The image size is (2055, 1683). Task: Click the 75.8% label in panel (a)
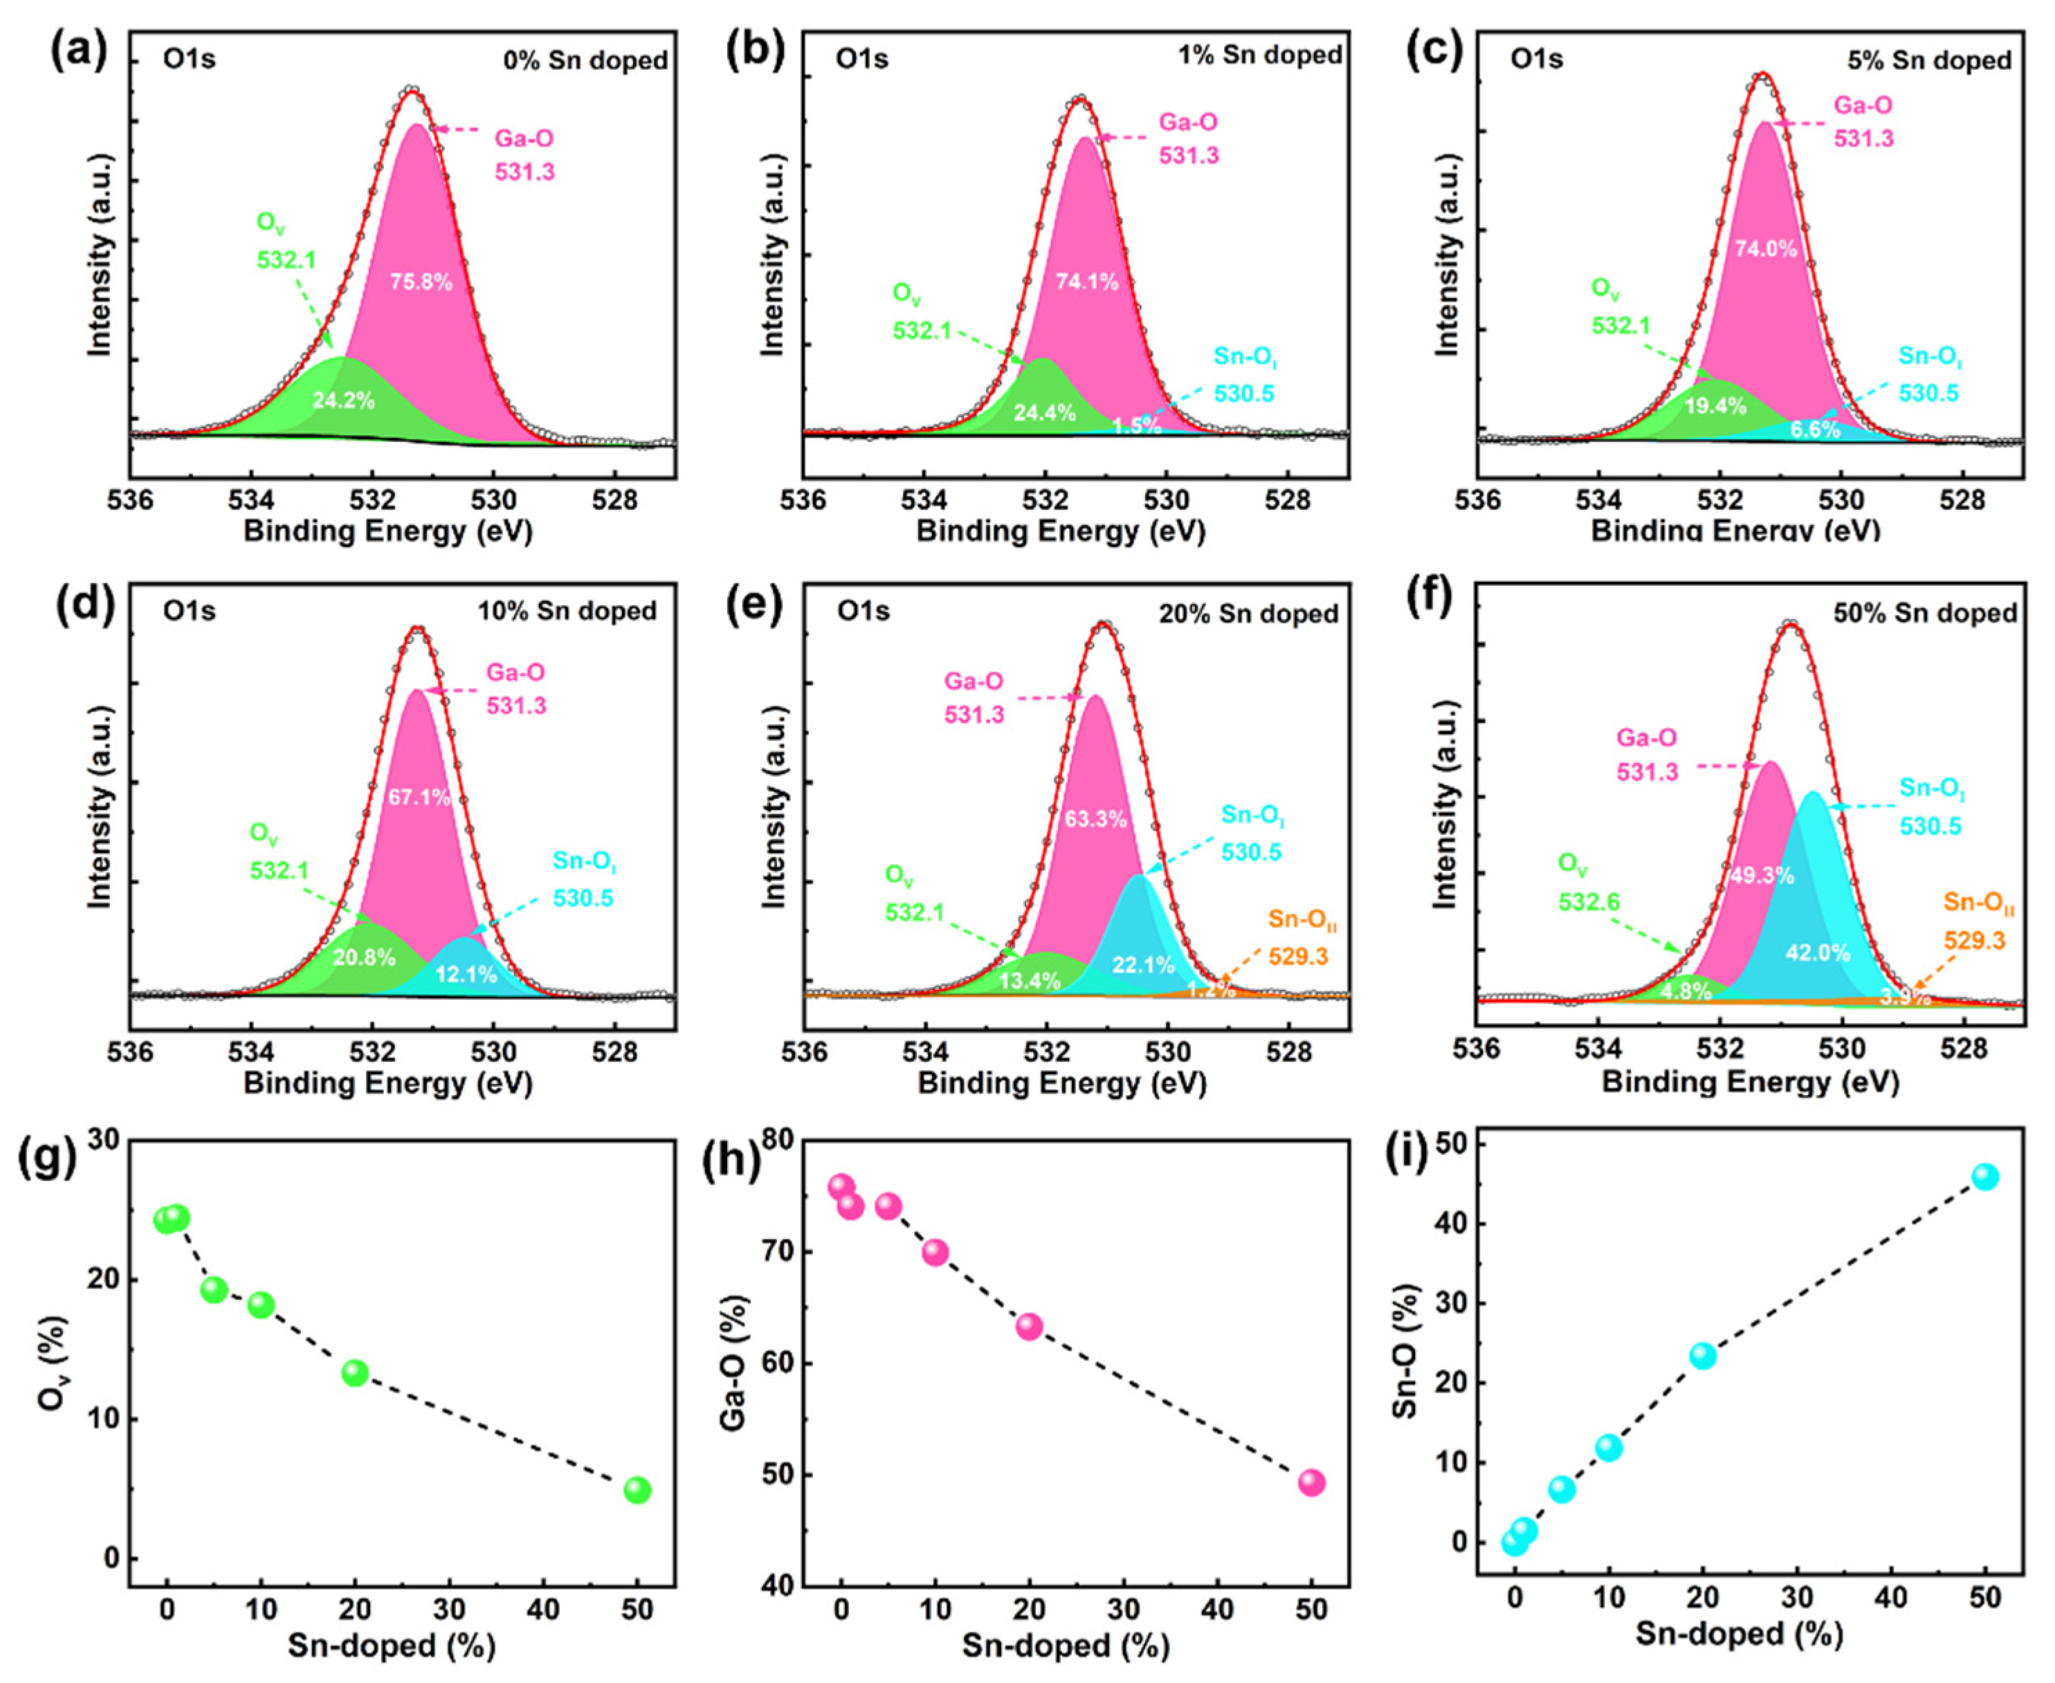tap(421, 282)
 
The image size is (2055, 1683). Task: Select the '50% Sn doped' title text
tap(1924, 614)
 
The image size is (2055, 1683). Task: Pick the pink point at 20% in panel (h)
tap(1029, 1326)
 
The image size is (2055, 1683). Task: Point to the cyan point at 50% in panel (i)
tap(1984, 1177)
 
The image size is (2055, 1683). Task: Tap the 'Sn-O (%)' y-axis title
tap(1405, 1350)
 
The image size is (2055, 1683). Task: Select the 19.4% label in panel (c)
tap(1715, 406)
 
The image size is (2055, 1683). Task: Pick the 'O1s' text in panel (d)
tap(189, 611)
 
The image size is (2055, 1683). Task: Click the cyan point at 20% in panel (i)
tap(1702, 1355)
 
